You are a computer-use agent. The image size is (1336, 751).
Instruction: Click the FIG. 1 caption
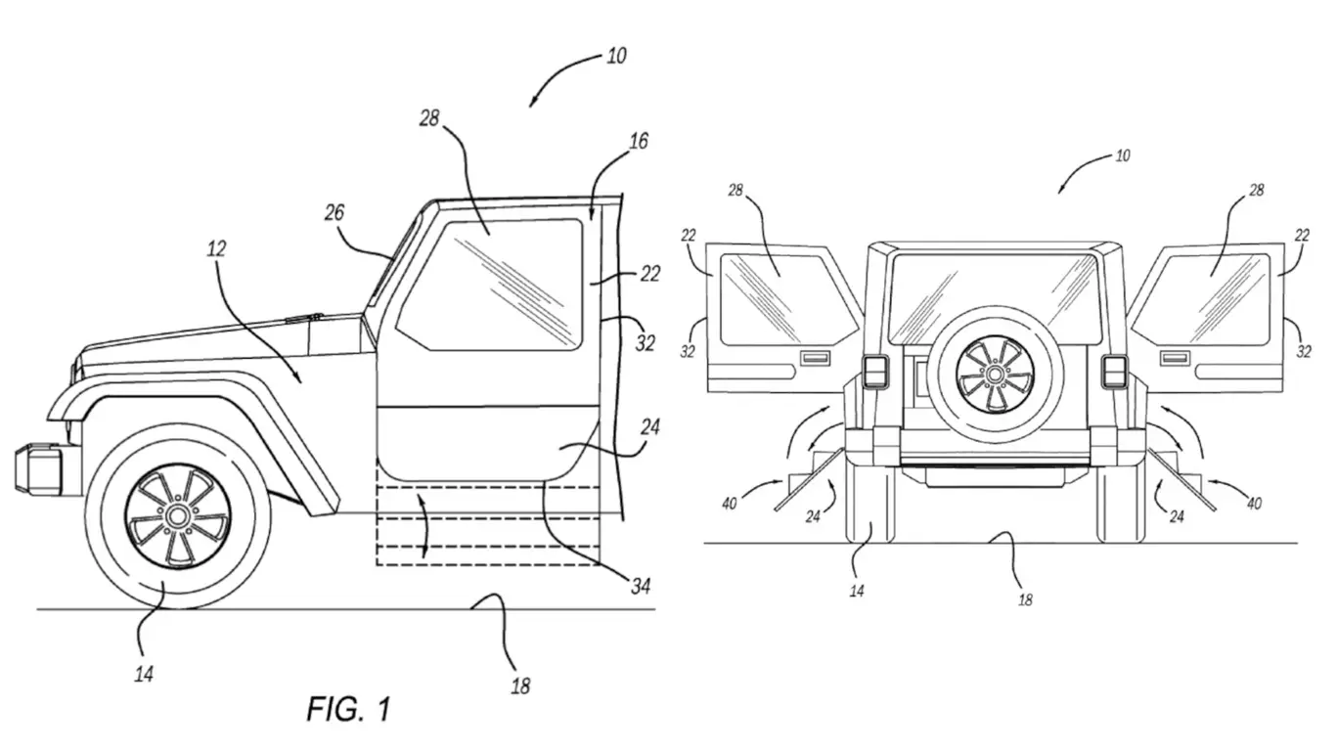coord(349,709)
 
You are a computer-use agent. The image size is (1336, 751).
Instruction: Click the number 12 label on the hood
coord(216,248)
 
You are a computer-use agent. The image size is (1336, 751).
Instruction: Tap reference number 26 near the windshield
coord(334,212)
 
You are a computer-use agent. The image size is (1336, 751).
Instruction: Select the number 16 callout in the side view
coord(639,142)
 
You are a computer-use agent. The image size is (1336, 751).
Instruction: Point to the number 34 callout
coord(641,587)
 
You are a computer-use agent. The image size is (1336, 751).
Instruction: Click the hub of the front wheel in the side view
coord(177,516)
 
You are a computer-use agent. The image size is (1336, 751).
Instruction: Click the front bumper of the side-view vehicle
coord(39,468)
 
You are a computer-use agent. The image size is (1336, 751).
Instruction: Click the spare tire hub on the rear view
coord(995,374)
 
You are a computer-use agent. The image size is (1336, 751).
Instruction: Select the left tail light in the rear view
coord(875,373)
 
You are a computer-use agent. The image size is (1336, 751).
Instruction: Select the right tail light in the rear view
coord(1115,373)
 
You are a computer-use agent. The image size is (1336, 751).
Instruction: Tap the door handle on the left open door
coord(815,359)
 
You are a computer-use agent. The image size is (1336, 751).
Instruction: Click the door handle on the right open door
coord(1175,359)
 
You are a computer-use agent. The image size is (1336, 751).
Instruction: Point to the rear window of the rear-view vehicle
coord(994,298)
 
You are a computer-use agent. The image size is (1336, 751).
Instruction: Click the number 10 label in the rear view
coord(1123,156)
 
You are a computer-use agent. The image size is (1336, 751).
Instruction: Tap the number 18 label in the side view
coord(520,686)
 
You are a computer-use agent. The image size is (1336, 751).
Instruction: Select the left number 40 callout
coord(729,504)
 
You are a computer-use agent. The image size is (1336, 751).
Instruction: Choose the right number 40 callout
coord(1254,504)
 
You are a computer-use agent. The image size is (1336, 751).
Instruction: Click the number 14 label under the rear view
coord(857,592)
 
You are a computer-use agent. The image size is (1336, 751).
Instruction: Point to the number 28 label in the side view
coord(428,118)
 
